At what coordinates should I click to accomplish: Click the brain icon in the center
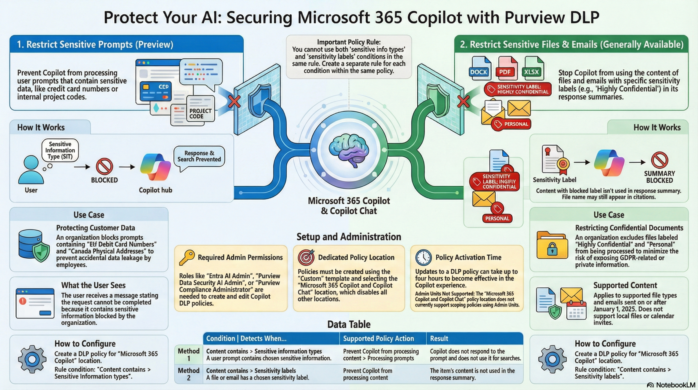349,150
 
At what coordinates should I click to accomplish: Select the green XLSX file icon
532,68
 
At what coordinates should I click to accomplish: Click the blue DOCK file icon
480,68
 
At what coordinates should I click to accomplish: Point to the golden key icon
187,257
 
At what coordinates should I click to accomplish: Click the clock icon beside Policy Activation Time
423,257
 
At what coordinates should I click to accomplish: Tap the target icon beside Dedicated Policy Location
306,257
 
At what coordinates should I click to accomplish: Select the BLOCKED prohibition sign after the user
104,166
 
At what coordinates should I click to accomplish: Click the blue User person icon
31,170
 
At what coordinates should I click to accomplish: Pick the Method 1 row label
189,355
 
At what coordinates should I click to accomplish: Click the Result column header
439,338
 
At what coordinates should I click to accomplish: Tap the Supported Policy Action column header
378,338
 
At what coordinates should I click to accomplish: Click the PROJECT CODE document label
200,114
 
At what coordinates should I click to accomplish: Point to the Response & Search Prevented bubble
199,156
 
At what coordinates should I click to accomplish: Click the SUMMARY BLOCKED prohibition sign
659,160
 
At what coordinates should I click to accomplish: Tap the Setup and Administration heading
349,237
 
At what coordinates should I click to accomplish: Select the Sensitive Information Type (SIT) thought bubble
60,150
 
